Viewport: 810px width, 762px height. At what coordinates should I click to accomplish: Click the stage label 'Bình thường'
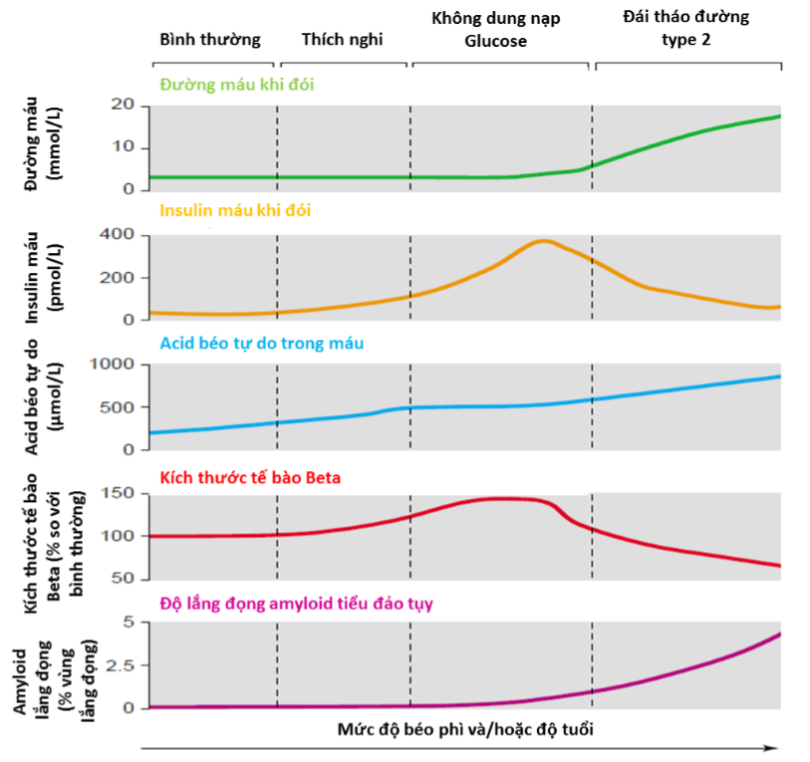(x=210, y=40)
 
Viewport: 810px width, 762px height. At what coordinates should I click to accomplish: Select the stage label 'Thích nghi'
(x=342, y=40)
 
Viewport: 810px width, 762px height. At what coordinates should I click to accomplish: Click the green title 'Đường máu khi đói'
(x=236, y=84)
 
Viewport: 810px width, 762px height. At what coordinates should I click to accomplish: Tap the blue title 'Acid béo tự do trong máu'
(x=261, y=343)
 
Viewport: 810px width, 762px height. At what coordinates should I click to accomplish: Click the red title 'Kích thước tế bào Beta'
(x=250, y=477)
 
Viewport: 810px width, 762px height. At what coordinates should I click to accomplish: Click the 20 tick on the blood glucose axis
(x=123, y=106)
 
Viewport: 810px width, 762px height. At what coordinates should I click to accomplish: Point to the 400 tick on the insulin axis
(x=118, y=236)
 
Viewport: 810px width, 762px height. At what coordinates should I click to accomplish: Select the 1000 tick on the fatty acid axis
(x=113, y=365)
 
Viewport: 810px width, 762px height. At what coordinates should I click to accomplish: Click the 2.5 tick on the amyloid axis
(x=119, y=665)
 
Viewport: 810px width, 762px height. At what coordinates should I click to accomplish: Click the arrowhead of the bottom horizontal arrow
(x=773, y=747)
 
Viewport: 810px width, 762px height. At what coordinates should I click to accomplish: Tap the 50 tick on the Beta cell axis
(x=123, y=579)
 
